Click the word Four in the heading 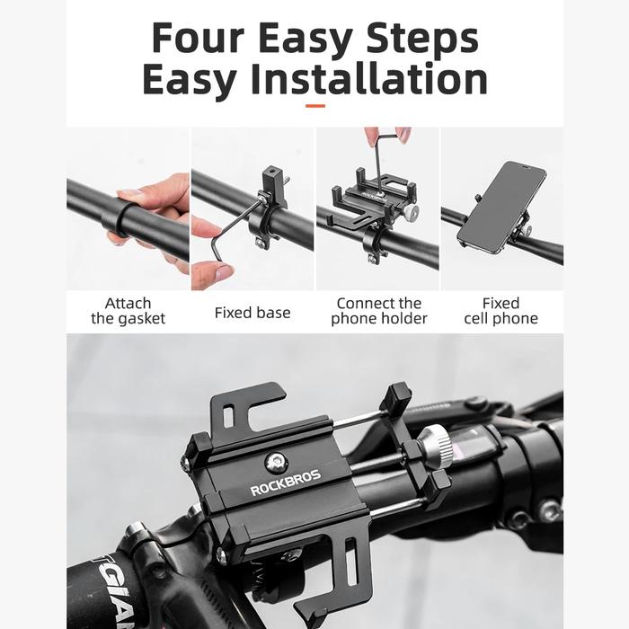pyautogui.click(x=199, y=38)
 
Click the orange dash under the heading pyautogui.click(x=315, y=106)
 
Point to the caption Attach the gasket pyautogui.click(x=128, y=311)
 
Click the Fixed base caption pyautogui.click(x=252, y=313)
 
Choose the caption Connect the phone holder pyautogui.click(x=379, y=311)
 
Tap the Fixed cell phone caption pyautogui.click(x=501, y=311)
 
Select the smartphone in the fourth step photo pyautogui.click(x=502, y=207)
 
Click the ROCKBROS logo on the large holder pyautogui.click(x=285, y=483)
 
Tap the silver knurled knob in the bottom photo pyautogui.click(x=436, y=447)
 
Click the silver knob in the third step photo pyautogui.click(x=412, y=211)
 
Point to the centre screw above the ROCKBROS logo pyautogui.click(x=276, y=463)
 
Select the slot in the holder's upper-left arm pyautogui.click(x=228, y=417)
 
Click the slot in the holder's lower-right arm pyautogui.click(x=350, y=557)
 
